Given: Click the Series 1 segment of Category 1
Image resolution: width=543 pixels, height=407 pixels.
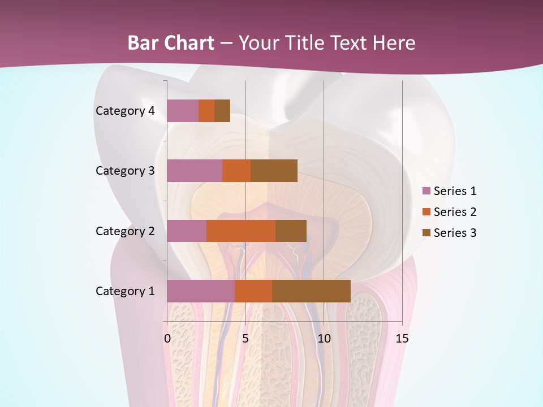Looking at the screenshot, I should tap(201, 291).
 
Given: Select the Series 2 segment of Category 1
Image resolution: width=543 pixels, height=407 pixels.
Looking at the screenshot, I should tap(253, 291).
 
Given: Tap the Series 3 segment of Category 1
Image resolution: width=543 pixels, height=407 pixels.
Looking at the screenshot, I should tap(311, 291).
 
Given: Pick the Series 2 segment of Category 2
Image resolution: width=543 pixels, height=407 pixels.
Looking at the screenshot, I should tap(241, 231).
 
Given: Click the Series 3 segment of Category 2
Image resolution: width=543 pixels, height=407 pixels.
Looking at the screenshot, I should tap(291, 231).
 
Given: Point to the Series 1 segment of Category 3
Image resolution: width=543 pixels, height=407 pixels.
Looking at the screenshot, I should tap(195, 171).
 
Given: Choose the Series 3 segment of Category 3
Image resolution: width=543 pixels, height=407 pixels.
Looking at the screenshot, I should tap(274, 171).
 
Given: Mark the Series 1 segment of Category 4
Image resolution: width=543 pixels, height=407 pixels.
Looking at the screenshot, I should tap(183, 111).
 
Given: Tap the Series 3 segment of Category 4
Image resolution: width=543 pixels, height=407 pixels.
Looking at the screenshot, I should tap(222, 111).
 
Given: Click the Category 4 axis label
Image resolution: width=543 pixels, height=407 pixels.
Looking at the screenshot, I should tap(125, 111).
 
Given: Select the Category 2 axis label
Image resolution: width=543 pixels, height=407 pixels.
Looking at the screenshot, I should tap(125, 231).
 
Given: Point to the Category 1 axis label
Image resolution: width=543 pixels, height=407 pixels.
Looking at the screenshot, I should tap(125, 291).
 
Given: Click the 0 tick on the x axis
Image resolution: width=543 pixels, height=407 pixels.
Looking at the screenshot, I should tap(167, 339).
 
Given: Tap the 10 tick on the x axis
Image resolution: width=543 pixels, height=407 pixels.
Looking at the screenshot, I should tap(324, 339).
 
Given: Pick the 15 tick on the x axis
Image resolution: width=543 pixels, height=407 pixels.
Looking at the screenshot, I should tap(402, 339).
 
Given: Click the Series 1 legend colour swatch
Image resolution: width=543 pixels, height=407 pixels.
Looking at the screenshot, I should tap(426, 191).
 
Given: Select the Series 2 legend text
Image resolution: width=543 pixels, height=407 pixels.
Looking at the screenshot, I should tap(455, 212).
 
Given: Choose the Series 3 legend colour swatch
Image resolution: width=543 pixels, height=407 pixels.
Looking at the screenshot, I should tap(426, 233).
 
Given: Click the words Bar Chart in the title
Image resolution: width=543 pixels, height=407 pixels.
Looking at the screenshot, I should tap(171, 43).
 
